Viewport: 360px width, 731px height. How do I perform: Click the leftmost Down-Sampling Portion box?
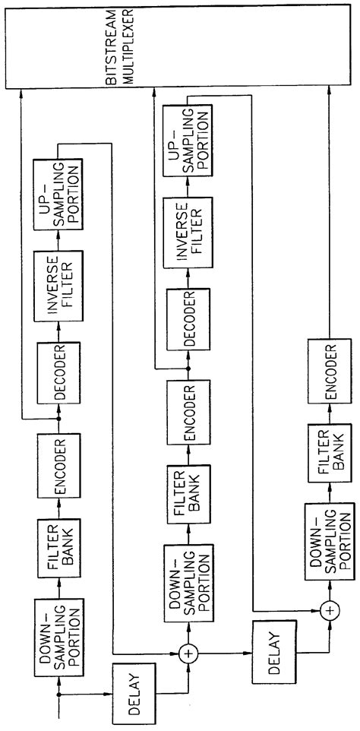57,630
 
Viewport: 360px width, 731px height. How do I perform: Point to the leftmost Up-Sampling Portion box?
58,193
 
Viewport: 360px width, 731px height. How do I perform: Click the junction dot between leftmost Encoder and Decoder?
58,419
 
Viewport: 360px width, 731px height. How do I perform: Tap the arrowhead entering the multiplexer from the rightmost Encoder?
329,90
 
